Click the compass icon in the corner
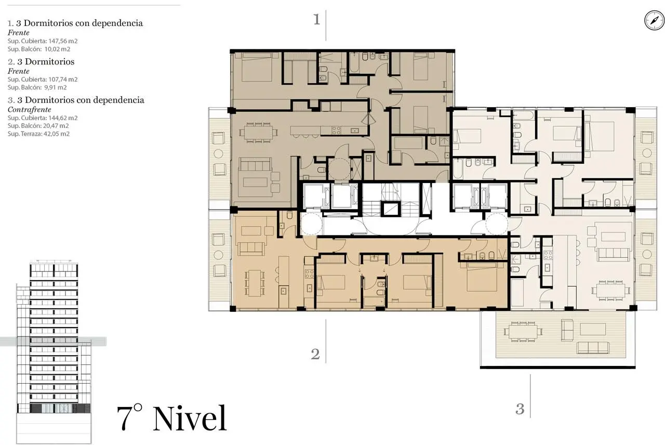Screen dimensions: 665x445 (654, 20)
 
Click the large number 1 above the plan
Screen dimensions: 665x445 (317, 19)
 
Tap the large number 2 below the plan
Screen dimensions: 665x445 (315, 354)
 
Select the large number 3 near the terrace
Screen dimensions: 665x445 (520, 409)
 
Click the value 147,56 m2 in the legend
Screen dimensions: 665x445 (63, 41)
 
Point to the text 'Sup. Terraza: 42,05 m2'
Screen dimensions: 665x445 (38, 134)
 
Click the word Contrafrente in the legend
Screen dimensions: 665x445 (30, 109)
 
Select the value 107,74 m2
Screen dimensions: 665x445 (63, 80)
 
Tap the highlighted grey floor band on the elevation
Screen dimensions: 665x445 (53, 342)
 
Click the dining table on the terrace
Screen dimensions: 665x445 (523, 332)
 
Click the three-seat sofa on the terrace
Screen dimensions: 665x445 (593, 348)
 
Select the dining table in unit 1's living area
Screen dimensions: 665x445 (258, 132)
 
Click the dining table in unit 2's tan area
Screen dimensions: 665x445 (255, 283)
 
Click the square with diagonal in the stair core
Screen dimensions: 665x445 (390, 209)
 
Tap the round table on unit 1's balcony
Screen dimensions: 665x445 (219, 153)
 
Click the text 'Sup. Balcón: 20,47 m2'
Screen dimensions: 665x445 (38, 126)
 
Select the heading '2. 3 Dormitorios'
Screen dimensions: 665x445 (41, 61)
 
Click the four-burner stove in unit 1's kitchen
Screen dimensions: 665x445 (336, 130)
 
